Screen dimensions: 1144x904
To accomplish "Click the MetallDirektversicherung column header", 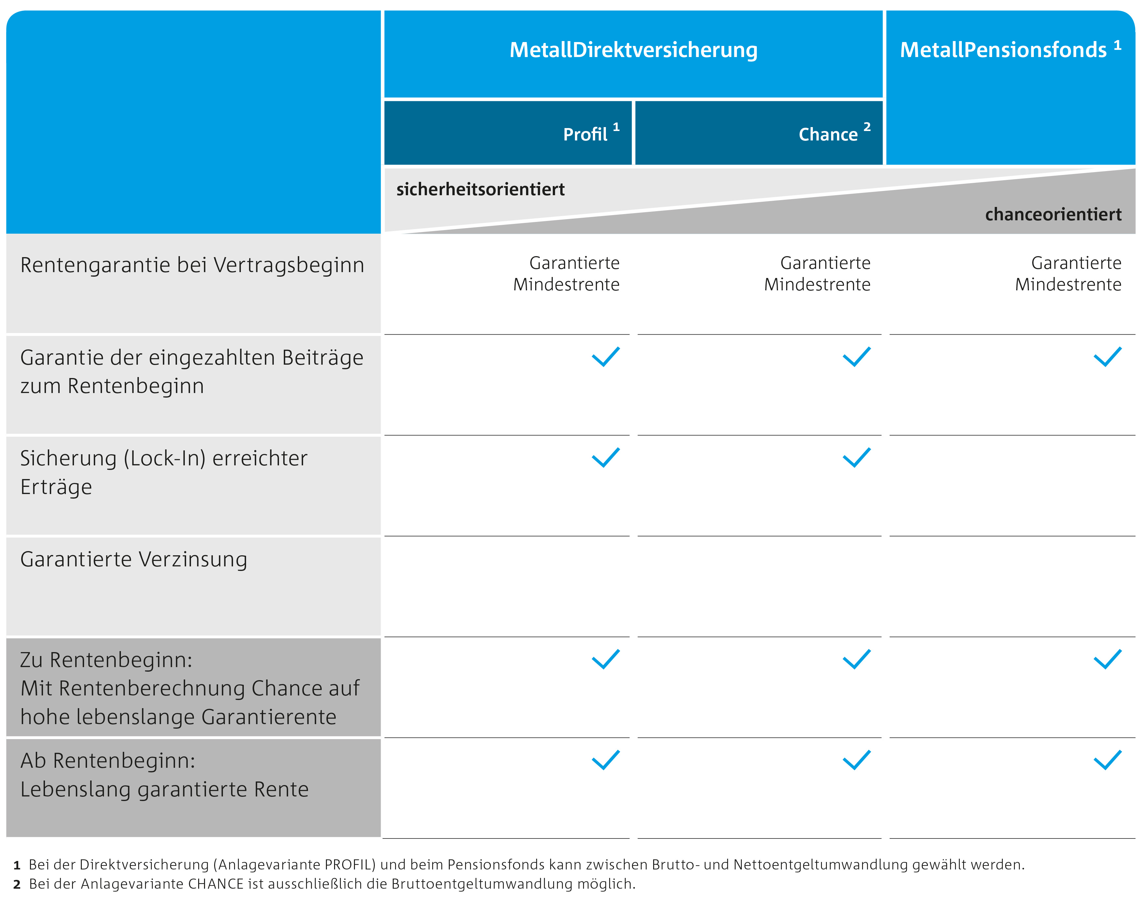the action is point(633,50).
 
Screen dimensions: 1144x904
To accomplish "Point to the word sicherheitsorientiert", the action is point(480,189).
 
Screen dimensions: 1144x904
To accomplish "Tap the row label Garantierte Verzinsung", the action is point(133,560).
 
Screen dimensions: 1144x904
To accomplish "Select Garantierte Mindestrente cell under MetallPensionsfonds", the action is point(1068,274).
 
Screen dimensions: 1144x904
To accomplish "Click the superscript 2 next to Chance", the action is point(867,127).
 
